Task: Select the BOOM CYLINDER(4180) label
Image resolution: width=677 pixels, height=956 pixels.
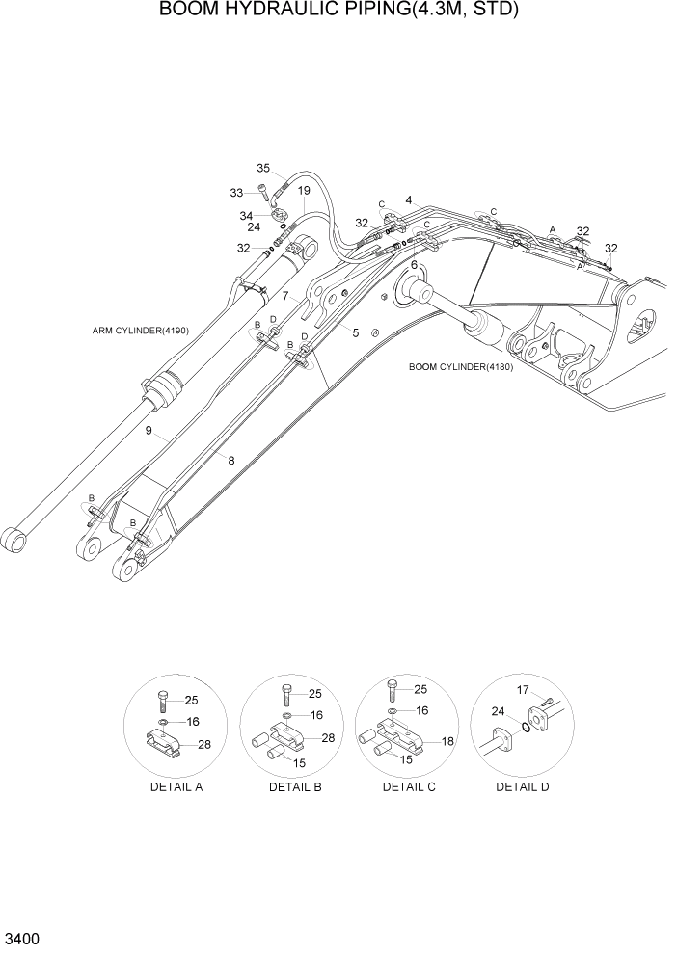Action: click(x=461, y=366)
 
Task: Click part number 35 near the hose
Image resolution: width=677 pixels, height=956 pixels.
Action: click(x=264, y=168)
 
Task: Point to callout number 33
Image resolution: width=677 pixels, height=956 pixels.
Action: click(x=236, y=193)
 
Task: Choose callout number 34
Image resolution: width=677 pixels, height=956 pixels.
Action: click(x=246, y=215)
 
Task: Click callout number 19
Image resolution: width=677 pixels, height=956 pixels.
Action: click(x=303, y=191)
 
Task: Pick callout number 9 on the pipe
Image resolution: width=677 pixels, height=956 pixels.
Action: click(x=149, y=431)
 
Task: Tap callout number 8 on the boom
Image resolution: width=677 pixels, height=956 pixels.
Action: click(x=230, y=461)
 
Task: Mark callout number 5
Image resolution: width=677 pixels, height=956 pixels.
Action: click(x=355, y=332)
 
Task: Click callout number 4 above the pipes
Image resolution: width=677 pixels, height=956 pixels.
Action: click(x=409, y=200)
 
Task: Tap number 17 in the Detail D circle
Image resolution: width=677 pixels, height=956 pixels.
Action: click(x=524, y=689)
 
